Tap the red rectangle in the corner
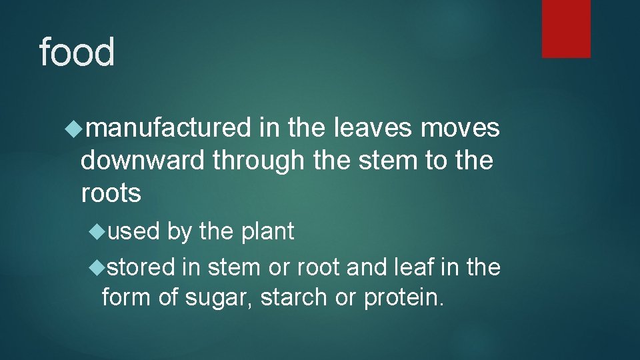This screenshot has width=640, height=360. tap(566, 28)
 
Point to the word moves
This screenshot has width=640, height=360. tap(460, 128)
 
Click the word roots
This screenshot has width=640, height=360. tap(111, 193)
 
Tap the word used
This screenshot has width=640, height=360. tap(133, 231)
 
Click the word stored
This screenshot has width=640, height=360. tap(141, 267)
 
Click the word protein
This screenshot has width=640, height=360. tap(403, 298)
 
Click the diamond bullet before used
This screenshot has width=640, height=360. tap(97, 231)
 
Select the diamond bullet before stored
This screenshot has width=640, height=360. tap(97, 267)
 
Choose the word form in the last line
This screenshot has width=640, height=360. tap(127, 297)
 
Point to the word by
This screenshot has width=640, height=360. tap(179, 232)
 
